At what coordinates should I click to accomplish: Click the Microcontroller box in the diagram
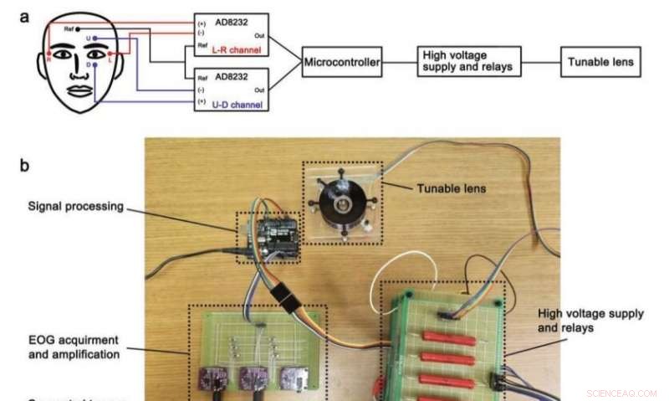(x=342, y=63)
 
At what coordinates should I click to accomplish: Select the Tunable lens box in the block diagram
(x=601, y=63)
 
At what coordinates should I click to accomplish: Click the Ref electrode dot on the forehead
(x=78, y=28)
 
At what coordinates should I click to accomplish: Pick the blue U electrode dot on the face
(x=95, y=39)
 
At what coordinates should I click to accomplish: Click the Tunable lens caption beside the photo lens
(x=452, y=188)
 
